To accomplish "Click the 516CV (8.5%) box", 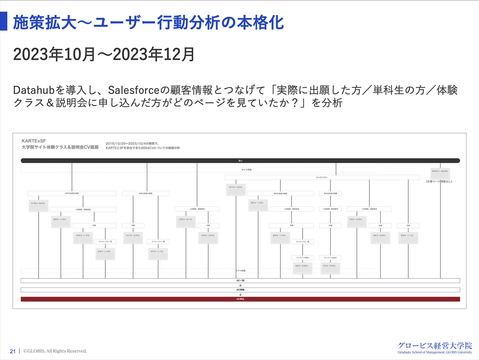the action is [38, 205].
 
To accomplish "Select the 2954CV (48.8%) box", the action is [440, 173].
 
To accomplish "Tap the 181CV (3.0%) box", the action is [236, 189].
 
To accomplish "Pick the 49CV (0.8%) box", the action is [302, 268].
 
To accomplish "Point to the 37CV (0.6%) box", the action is [330, 268].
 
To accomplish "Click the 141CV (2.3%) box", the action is [133, 237].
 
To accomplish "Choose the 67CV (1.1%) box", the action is [158, 253].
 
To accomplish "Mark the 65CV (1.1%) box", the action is [408, 237].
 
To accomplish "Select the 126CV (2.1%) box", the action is [186, 221].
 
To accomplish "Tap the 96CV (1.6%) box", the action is [258, 205].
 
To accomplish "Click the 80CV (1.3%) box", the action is [61, 221].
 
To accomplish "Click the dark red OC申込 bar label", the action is [240, 299].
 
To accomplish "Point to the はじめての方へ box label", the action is [322, 177].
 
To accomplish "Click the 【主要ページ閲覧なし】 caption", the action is [439, 182].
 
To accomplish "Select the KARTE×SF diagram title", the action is [34, 141].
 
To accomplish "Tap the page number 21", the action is [13, 351].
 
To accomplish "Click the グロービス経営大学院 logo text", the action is [435, 346].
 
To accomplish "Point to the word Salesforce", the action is [133, 90].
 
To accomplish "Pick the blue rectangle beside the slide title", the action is [4, 21].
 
